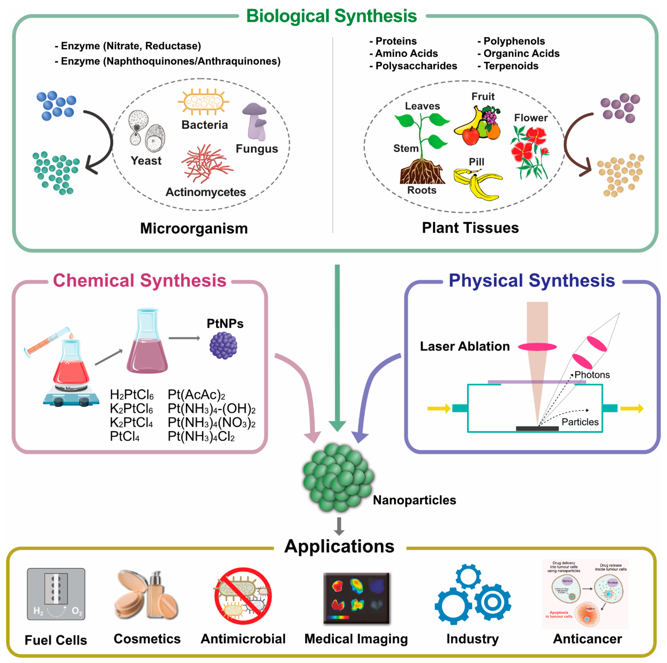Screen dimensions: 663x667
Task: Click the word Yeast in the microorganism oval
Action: click(x=146, y=161)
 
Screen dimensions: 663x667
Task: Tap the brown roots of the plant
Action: click(x=422, y=172)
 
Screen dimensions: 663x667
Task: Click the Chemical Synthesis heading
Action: click(x=139, y=280)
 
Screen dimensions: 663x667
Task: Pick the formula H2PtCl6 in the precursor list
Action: click(x=132, y=394)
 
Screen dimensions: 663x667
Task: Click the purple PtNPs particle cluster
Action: click(x=223, y=345)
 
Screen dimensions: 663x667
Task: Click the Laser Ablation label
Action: click(x=465, y=346)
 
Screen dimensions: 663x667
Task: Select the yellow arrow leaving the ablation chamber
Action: click(x=631, y=408)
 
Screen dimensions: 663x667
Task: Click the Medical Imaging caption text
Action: click(x=356, y=639)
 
